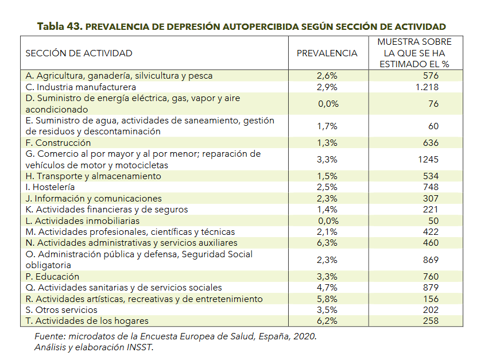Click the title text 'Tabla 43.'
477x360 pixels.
click(x=60, y=26)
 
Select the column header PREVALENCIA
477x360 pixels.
click(x=327, y=53)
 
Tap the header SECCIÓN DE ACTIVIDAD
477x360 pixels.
click(x=79, y=53)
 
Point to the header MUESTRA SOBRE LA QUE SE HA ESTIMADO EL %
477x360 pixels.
click(x=414, y=53)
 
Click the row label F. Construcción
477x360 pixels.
click(x=58, y=143)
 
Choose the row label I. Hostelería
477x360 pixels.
click(x=50, y=187)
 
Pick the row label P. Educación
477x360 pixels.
click(x=52, y=276)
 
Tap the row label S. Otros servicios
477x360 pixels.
click(x=61, y=310)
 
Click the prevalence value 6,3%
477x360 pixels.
click(x=327, y=243)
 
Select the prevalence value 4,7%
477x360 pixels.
click(x=327, y=288)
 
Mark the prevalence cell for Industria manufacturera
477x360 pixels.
click(x=327, y=87)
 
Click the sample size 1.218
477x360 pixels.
click(x=427, y=87)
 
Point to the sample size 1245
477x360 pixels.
click(x=428, y=160)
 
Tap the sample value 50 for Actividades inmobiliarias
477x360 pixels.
click(x=433, y=221)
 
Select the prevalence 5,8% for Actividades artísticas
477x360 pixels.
click(x=327, y=299)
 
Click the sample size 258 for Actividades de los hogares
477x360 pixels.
click(x=431, y=321)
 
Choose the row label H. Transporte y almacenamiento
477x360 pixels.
click(x=94, y=176)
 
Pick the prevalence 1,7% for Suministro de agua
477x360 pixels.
click(x=327, y=126)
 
